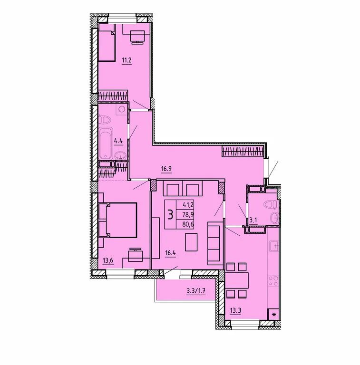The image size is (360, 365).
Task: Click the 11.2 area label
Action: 126,60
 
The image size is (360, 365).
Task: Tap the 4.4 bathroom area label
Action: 118,141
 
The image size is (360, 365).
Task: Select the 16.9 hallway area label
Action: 166,168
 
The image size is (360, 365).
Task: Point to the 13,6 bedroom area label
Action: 108,260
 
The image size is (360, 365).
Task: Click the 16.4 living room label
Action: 170,253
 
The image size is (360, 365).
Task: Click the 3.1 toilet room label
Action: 253,220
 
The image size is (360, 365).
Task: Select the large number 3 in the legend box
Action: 170,215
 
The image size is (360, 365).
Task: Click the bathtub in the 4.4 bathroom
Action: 106,143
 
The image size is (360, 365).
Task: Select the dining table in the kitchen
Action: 236,280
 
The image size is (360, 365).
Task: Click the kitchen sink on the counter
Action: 274,246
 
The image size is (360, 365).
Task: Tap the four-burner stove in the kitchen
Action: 273,281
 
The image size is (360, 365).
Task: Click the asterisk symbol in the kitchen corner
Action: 274,315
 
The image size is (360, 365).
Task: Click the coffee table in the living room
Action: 191,242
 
